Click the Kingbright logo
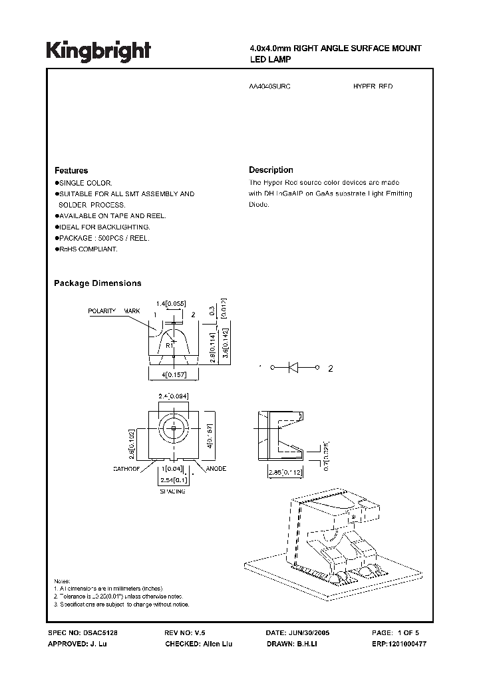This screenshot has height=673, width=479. pos(98,52)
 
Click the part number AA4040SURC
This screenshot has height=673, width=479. pos(269,87)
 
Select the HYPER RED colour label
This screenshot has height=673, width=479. pos(373,87)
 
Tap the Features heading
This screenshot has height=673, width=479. pos(71,170)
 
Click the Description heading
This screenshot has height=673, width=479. pos(271,170)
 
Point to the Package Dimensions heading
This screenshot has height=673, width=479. pos(97,283)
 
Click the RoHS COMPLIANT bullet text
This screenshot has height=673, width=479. pos(88,249)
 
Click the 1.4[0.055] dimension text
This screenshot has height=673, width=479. pos(170,303)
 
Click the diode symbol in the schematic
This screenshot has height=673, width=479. pos(294,367)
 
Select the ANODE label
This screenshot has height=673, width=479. pos(216,469)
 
